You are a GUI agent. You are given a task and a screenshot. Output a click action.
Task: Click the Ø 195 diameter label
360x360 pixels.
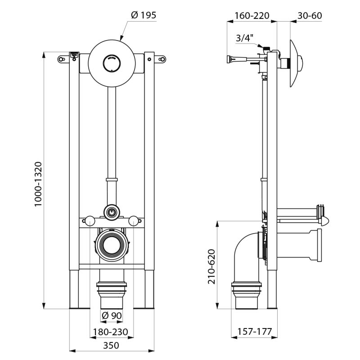(144, 15)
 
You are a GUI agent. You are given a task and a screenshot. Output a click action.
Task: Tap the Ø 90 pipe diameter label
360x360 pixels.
(112, 316)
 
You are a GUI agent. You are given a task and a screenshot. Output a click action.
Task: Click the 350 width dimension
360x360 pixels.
(111, 345)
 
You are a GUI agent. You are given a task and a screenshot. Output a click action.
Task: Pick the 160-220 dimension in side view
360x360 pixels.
(252, 16)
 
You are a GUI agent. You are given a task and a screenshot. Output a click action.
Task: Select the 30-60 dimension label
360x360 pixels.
(310, 16)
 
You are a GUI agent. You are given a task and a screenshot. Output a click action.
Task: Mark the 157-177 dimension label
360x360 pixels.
(255, 332)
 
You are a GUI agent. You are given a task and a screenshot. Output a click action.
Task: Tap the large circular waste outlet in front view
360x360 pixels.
(112, 245)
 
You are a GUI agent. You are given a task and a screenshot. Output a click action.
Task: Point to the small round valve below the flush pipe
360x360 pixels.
(111, 211)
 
